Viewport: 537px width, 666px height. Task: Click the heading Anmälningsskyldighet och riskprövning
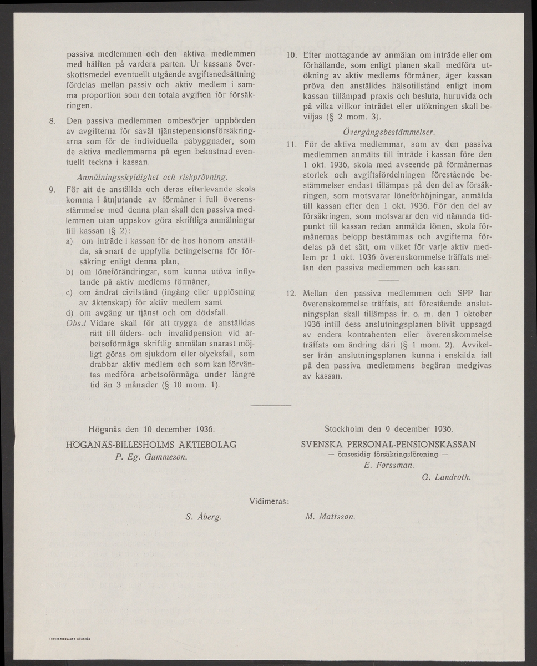(x=151, y=177)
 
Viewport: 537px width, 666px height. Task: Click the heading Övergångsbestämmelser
(x=388, y=132)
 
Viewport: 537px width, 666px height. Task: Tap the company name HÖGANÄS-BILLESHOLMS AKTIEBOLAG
(x=151, y=445)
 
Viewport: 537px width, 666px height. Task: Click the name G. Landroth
(x=447, y=477)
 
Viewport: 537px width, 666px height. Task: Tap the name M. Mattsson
(x=330, y=516)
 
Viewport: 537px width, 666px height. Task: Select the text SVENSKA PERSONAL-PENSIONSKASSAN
(x=388, y=444)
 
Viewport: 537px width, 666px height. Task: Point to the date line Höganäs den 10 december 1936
(x=151, y=429)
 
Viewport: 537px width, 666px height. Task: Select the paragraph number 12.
(x=290, y=293)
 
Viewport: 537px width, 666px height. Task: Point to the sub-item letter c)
(x=69, y=292)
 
